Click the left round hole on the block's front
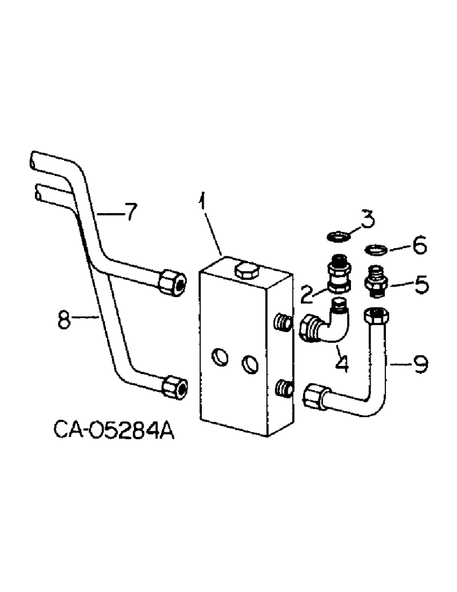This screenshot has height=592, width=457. click(x=220, y=357)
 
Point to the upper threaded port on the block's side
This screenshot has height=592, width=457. click(x=284, y=323)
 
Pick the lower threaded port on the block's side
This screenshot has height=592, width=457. click(x=284, y=388)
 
